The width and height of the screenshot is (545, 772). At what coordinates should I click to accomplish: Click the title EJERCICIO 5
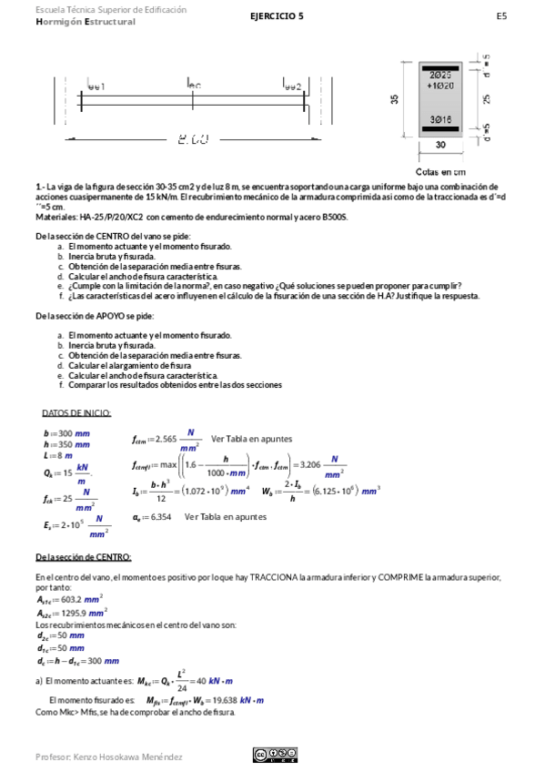click(278, 15)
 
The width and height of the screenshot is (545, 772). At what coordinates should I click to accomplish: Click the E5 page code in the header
click(501, 15)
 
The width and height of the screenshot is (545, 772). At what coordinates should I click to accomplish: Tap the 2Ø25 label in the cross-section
click(441, 75)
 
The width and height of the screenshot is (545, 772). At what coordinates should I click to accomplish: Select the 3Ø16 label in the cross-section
click(441, 120)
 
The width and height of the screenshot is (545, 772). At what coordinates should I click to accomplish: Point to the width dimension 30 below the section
click(441, 145)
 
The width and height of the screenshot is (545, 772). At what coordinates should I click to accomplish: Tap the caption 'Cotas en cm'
click(440, 171)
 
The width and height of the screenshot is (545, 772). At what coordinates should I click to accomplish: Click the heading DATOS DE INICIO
click(76, 413)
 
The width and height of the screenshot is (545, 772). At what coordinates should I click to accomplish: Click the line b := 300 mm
click(66, 433)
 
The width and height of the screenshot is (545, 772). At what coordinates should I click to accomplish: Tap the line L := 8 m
click(57, 455)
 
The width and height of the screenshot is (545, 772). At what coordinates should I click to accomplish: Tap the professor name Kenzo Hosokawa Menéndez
click(108, 757)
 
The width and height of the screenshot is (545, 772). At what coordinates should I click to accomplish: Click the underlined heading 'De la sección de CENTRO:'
click(83, 556)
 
